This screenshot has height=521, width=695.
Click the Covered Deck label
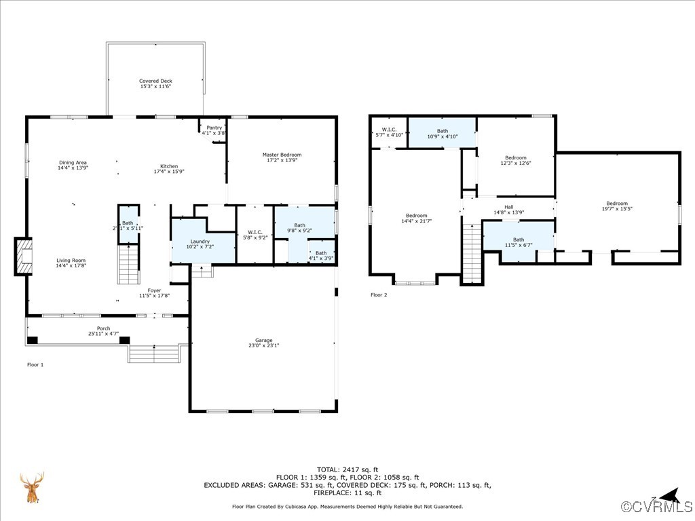[x=155, y=81]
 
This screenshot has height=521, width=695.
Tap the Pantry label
[x=214, y=128]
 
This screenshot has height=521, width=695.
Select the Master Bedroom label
[x=282, y=155]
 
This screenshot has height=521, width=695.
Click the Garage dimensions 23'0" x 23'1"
[x=263, y=346]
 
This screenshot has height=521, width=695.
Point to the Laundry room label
[x=200, y=242]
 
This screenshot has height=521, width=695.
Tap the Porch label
[x=103, y=329]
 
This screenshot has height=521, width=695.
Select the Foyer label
[x=155, y=290]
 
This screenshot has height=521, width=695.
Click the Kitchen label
[x=168, y=166]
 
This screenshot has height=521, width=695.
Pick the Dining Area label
[x=73, y=163]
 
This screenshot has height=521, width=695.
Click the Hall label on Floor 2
[x=508, y=207]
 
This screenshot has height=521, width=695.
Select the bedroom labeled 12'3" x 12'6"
[x=515, y=158]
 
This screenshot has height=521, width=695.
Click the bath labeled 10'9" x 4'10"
[x=442, y=131]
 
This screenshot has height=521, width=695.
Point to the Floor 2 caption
[x=379, y=295]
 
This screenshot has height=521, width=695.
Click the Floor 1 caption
[x=35, y=365]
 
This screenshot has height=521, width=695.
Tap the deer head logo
[x=32, y=488]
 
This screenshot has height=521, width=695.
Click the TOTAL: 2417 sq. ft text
[x=347, y=469]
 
